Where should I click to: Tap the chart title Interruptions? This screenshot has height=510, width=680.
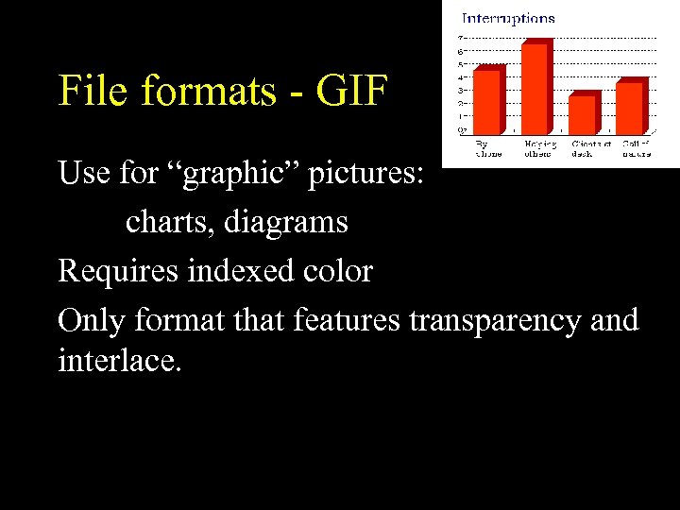point(507,18)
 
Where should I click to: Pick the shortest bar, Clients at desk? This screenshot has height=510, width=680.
point(582,113)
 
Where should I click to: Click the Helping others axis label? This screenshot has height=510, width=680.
point(540,148)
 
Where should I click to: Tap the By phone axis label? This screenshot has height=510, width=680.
point(488,148)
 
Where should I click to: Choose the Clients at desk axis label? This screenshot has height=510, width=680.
point(590,148)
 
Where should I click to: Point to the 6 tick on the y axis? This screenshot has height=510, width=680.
point(461,52)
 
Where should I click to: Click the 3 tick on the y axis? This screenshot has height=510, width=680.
point(461,91)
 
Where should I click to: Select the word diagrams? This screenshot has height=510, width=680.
point(289,223)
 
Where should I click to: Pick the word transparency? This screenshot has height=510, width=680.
point(498,321)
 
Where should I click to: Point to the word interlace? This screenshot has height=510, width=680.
point(118,360)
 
